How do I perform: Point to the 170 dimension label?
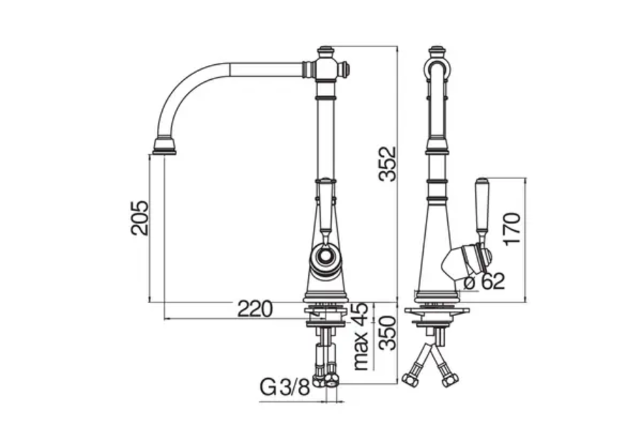[x=513, y=228]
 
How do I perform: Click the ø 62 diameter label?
[x=484, y=281]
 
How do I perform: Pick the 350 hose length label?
[x=386, y=333]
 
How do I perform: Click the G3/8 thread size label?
[x=284, y=388]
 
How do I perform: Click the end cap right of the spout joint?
[x=345, y=68]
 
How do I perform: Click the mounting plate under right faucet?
[x=437, y=311]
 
